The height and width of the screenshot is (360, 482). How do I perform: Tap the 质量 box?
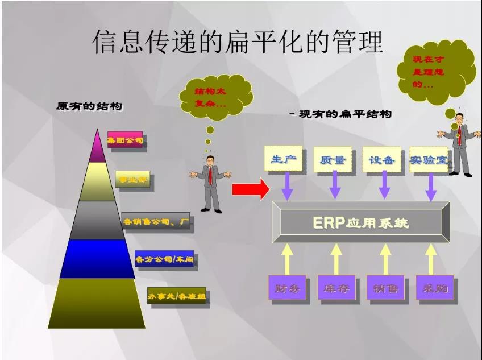pos(333,159)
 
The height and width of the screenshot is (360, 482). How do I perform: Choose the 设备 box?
pos(381,159)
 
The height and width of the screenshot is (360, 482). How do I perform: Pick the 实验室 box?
pos(429,159)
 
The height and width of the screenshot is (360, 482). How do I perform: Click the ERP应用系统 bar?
pos(360,222)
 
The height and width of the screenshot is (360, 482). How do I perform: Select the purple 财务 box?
pos(287,288)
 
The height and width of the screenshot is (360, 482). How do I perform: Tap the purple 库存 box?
pos(336,288)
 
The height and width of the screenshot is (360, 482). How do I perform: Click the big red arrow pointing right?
pos(250,189)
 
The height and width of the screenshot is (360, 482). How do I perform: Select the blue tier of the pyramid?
pos(97,259)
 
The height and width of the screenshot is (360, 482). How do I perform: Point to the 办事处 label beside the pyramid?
pos(177,296)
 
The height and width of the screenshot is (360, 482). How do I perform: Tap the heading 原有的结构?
pos(89,106)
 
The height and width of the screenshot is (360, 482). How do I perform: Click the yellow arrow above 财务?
pos(287,258)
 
